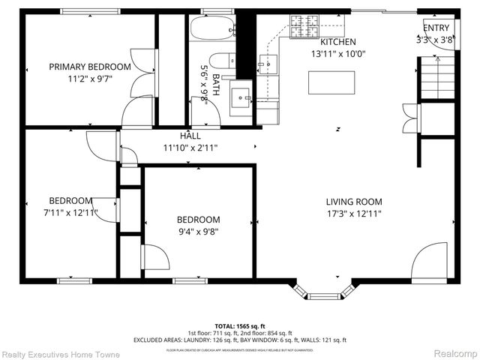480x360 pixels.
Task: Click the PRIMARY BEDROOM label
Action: click(90, 67)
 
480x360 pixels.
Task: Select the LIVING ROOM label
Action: click(354, 201)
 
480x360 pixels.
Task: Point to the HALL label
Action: click(190, 136)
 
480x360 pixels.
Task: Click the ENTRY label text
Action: click(437, 28)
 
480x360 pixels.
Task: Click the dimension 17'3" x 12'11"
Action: click(354, 214)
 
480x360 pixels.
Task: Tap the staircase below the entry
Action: click(437, 79)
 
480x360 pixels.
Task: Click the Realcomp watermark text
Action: click(456, 353)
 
